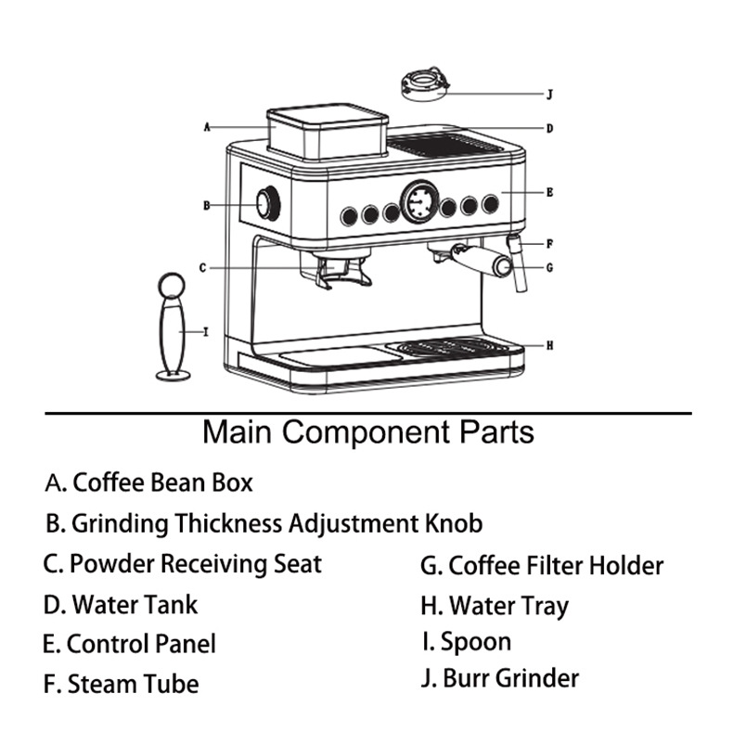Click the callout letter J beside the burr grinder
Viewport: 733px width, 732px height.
click(549, 94)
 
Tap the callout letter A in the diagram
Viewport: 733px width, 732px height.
click(207, 126)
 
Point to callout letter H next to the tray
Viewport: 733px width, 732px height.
click(549, 345)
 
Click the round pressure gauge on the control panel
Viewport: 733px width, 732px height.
click(419, 201)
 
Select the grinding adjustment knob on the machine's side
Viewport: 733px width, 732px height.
click(268, 204)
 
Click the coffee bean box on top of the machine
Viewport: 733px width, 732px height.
click(326, 132)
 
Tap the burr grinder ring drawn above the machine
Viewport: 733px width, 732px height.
click(426, 83)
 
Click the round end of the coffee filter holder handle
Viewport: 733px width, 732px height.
click(502, 266)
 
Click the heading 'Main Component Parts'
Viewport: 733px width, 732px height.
click(368, 432)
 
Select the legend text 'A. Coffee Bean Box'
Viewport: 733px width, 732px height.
click(148, 482)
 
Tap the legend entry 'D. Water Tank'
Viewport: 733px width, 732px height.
click(121, 605)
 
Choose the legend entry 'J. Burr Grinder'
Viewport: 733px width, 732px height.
click(499, 678)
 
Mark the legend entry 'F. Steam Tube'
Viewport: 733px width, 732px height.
click(121, 685)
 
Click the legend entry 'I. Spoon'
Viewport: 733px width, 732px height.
click(466, 642)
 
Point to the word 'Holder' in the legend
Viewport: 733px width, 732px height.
click(625, 565)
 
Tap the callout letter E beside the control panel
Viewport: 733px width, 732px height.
click(549, 193)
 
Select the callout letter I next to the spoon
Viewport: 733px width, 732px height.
click(205, 330)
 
